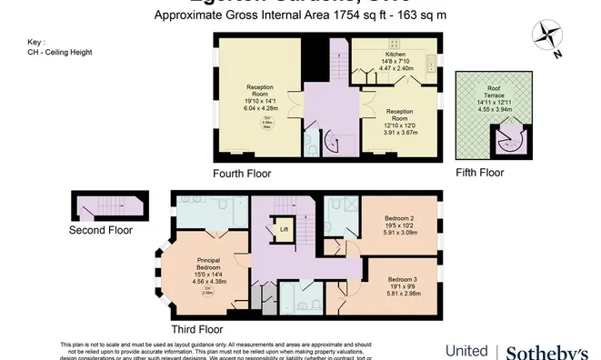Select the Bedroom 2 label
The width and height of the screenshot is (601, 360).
point(401,220)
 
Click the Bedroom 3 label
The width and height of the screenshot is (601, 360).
point(404,279)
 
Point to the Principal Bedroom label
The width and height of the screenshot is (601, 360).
point(209,265)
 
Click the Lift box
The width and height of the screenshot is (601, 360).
point(284,229)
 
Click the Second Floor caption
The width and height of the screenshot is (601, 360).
point(101,231)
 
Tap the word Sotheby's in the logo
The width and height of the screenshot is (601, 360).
point(546,351)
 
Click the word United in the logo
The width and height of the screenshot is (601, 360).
point(466,351)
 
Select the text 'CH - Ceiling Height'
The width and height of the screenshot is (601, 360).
point(60,52)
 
